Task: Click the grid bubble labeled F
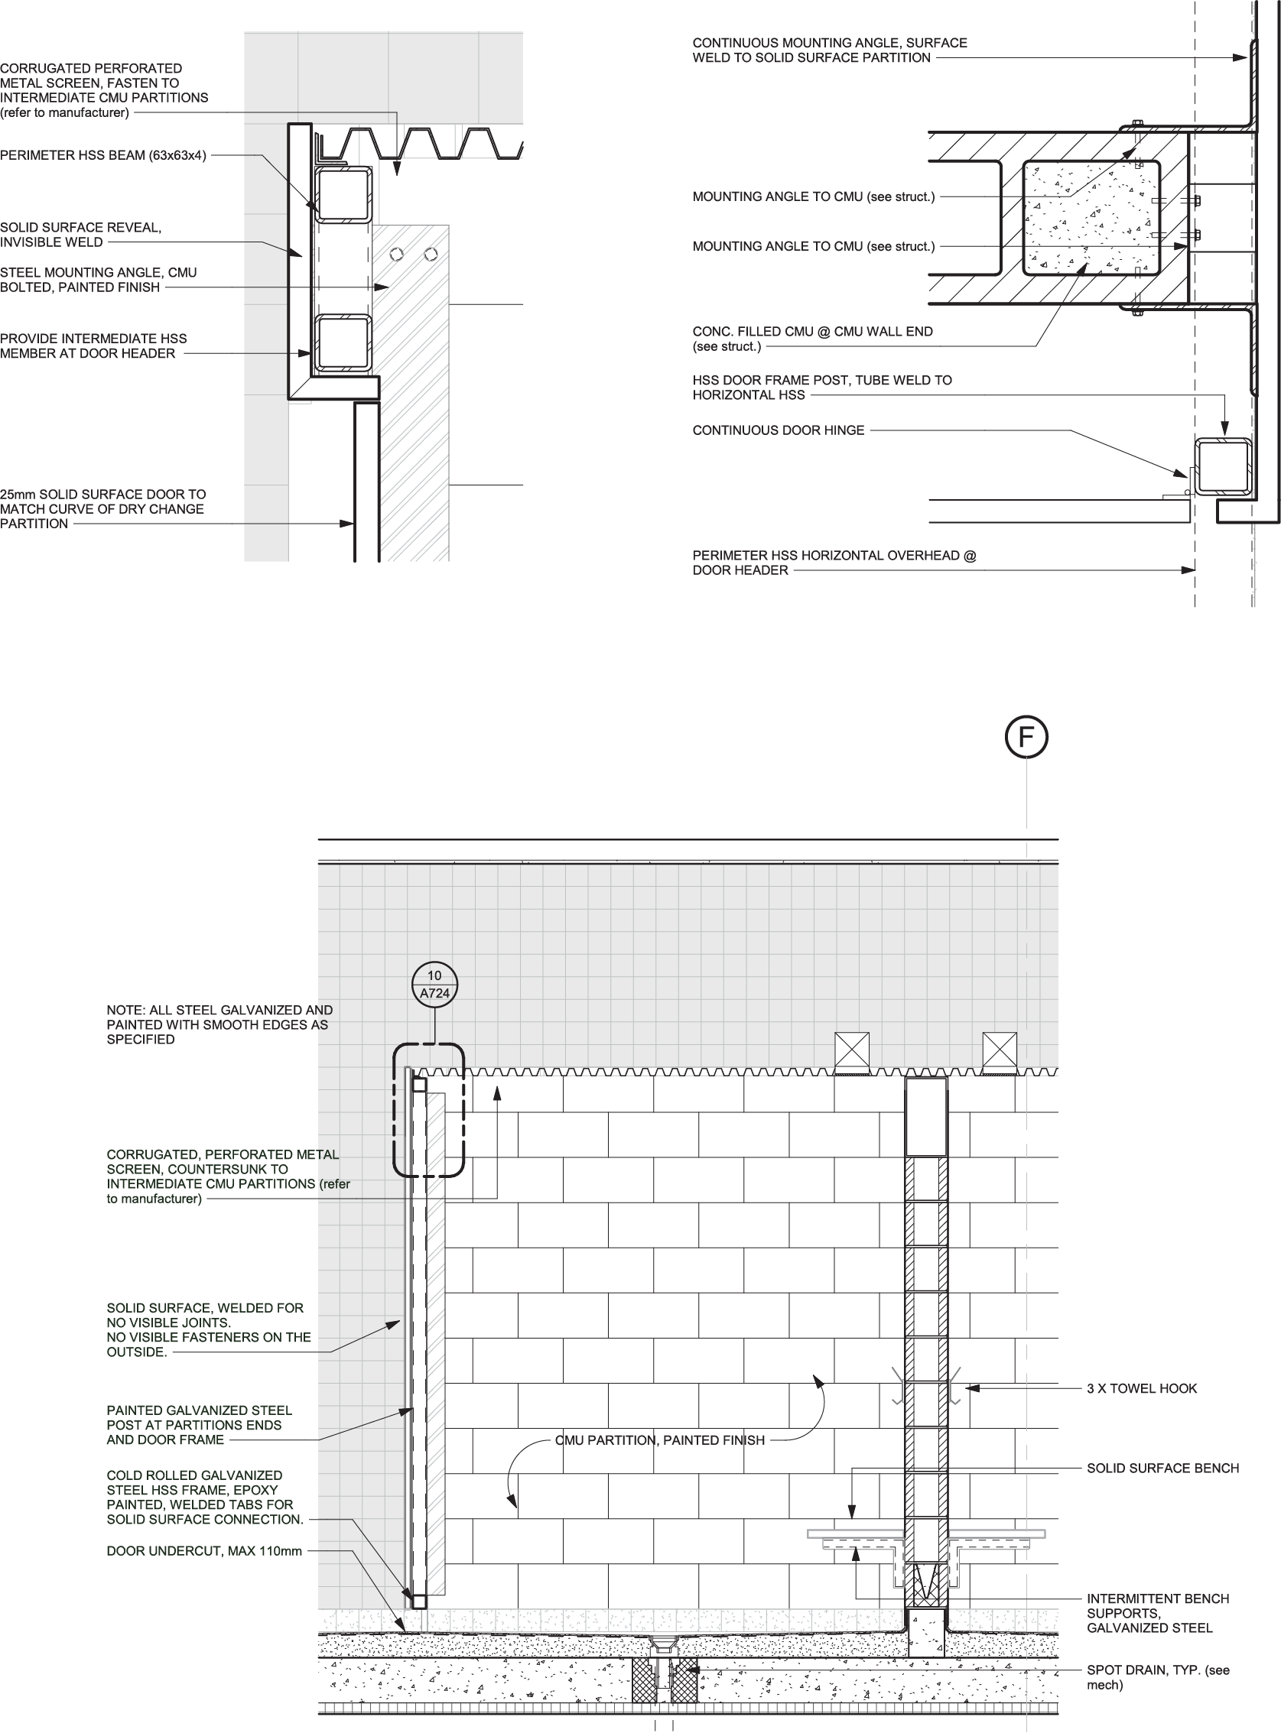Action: click(x=1026, y=738)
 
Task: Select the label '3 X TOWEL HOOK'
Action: click(x=1141, y=1388)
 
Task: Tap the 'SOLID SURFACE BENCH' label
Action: click(x=1162, y=1468)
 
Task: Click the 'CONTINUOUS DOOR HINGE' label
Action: click(x=778, y=430)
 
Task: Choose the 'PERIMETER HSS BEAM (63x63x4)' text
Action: click(x=103, y=155)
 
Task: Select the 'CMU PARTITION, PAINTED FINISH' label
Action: click(x=660, y=1440)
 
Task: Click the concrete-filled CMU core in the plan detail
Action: click(x=1091, y=217)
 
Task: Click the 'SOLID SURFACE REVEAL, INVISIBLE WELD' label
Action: click(x=80, y=235)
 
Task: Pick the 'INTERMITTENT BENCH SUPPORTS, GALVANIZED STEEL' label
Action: click(x=1157, y=1613)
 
